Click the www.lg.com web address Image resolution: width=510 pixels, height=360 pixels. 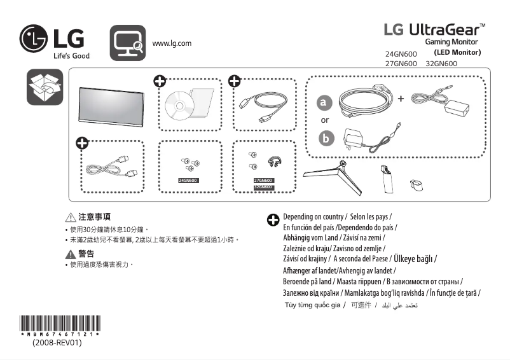(172, 43)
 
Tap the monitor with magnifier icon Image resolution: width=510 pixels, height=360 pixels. (128, 43)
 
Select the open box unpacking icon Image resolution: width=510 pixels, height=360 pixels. (45, 88)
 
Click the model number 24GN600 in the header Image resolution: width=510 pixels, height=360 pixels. (401, 54)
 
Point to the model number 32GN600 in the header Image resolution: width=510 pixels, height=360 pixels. (441, 64)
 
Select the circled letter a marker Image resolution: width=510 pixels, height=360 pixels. (325, 102)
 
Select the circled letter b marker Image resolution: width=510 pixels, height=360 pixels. (326, 138)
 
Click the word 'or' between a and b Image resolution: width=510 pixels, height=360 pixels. (325, 120)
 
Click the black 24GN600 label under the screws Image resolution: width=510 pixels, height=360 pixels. (189, 181)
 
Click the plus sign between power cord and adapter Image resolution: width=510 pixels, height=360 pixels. (401, 99)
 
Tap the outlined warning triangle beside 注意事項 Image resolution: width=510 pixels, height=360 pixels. (71, 218)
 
